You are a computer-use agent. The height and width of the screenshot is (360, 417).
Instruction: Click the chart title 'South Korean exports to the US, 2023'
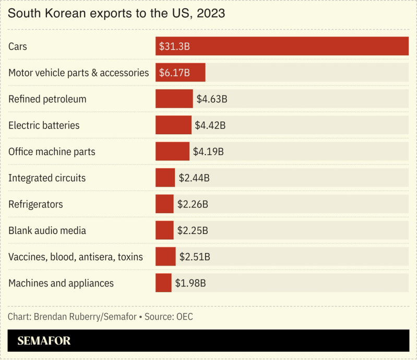116,14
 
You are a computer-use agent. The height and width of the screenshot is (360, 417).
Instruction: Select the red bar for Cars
282,47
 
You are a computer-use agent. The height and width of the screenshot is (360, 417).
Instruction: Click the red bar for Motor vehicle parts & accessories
180,73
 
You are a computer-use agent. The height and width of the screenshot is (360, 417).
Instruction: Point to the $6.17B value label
174,73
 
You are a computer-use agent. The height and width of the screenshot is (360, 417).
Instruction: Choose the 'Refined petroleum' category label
47,99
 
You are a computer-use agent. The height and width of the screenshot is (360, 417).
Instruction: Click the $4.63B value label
211,99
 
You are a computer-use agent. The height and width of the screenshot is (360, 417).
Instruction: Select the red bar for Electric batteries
173,125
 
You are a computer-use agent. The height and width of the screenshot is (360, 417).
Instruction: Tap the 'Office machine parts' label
52,152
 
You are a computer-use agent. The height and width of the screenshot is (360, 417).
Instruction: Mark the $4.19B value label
208,152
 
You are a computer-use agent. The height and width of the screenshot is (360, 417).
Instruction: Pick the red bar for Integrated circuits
165,178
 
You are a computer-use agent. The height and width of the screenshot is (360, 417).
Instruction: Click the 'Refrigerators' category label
35,204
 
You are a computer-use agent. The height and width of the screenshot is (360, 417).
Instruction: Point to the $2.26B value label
193,204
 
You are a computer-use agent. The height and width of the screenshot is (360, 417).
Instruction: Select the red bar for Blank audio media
164,230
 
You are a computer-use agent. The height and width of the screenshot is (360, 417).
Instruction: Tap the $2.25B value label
193,230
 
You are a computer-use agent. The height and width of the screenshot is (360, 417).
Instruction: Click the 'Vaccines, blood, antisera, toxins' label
76,257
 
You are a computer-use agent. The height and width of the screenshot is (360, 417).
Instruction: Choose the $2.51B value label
195,257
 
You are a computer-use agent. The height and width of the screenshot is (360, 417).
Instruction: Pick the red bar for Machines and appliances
163,283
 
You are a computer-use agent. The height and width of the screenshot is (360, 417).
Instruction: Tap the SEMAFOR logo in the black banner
44,341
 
